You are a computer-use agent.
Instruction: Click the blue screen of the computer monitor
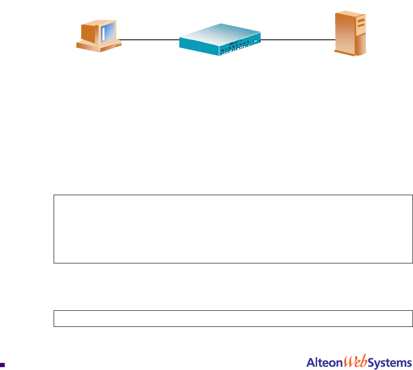(x=109, y=31)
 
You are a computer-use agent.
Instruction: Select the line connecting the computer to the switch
(x=149, y=39)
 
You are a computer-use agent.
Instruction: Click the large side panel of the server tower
(x=344, y=33)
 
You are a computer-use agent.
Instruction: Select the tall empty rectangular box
(x=233, y=228)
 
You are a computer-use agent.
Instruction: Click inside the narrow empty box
(x=233, y=318)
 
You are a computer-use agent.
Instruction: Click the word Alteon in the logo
(x=322, y=363)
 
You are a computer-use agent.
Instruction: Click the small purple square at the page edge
(x=3, y=365)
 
